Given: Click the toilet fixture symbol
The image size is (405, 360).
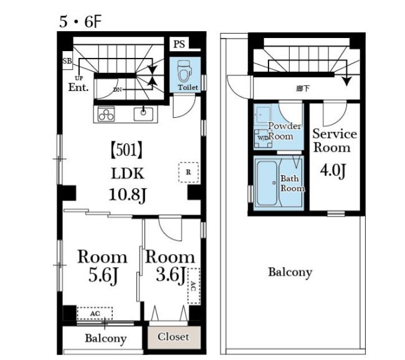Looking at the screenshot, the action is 184,70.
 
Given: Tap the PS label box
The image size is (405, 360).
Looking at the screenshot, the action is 179,44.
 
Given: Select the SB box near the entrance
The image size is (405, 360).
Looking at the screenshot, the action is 67,60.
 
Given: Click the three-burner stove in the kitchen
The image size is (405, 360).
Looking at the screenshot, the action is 106,114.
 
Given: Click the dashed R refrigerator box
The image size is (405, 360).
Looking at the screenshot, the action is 189,173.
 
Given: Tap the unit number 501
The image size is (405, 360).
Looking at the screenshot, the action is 126,151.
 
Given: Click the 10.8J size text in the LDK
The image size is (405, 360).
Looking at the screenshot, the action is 128,195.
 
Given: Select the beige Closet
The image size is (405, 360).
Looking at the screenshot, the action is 174,338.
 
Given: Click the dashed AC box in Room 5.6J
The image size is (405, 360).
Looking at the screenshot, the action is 95,314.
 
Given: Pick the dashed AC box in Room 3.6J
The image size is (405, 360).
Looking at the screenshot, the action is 194,286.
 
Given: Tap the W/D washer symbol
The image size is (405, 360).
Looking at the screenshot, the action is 263,138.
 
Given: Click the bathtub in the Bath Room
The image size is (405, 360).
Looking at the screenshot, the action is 267,183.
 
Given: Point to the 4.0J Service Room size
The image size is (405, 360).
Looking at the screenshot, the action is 333,171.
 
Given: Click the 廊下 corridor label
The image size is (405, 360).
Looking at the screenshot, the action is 303,89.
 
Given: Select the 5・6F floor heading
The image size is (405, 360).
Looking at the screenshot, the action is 80,22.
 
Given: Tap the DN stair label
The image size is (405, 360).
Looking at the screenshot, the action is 118,90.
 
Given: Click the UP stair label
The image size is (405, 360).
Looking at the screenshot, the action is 79,78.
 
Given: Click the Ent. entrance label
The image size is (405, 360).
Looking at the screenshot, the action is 79,87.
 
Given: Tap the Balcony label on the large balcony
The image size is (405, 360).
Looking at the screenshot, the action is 290,273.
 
